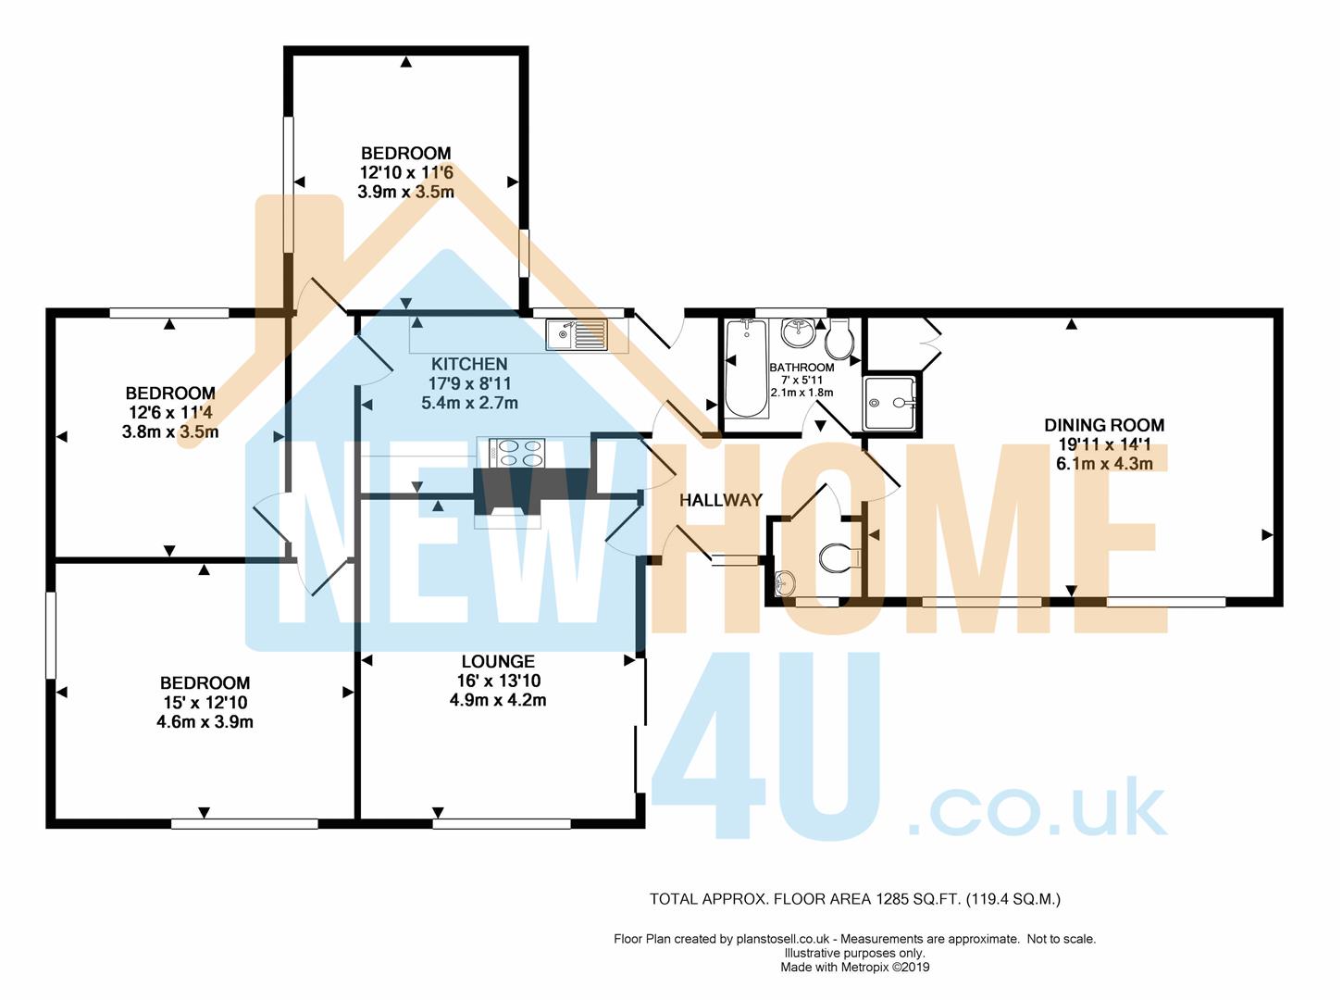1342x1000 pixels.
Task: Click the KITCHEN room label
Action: pyautogui.click(x=469, y=364)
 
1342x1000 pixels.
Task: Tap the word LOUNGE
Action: pyautogui.click(x=498, y=661)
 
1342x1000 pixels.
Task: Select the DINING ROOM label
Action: pyautogui.click(x=1104, y=425)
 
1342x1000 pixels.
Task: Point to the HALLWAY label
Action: pyautogui.click(x=721, y=500)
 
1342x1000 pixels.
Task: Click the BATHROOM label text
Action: pyautogui.click(x=801, y=368)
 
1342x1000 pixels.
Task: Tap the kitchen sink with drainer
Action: pyautogui.click(x=576, y=333)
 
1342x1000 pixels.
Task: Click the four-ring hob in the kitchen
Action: pyautogui.click(x=520, y=452)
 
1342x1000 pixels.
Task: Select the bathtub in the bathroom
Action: pyautogui.click(x=744, y=369)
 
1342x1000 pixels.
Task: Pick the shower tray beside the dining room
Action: pyautogui.click(x=891, y=403)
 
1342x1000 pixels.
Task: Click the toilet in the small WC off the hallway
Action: pyautogui.click(x=839, y=557)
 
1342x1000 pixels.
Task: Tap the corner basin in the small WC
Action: pyautogui.click(x=785, y=582)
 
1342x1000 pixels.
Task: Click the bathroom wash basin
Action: pyautogui.click(x=798, y=330)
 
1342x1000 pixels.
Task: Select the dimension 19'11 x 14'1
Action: pyautogui.click(x=1104, y=444)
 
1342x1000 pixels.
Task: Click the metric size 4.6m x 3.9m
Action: pyautogui.click(x=205, y=721)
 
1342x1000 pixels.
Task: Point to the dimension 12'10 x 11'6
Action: pyautogui.click(x=406, y=172)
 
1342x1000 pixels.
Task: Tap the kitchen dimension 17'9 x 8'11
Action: pyautogui.click(x=469, y=383)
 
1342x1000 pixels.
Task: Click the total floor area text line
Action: pyautogui.click(x=855, y=898)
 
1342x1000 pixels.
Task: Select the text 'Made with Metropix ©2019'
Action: pyautogui.click(x=855, y=968)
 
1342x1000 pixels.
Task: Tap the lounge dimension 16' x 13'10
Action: pyautogui.click(x=498, y=681)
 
